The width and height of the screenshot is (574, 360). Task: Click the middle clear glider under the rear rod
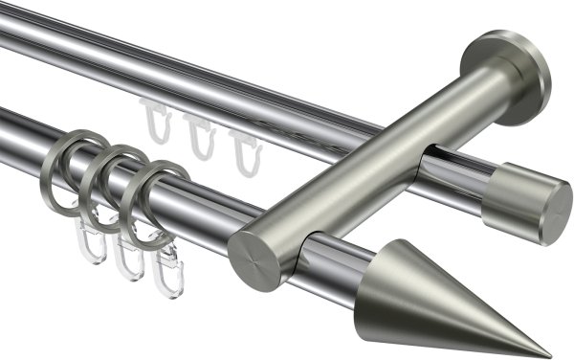199,138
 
